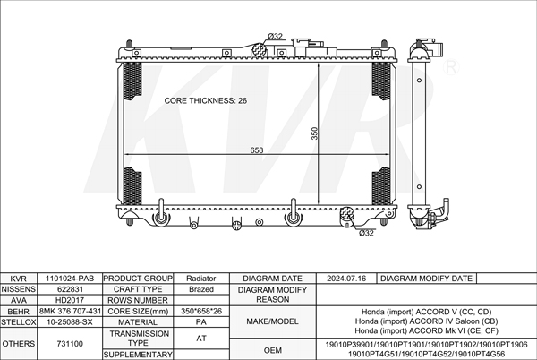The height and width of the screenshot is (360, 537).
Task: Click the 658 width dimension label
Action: (257, 150)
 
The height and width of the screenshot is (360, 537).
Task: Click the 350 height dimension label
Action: (314, 133)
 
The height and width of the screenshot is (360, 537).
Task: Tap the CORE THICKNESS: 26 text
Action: (206, 100)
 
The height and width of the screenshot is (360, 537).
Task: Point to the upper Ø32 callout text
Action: (275, 36)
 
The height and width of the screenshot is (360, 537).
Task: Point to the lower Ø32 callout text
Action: (366, 233)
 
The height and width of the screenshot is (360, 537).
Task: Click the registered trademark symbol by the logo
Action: (451, 67)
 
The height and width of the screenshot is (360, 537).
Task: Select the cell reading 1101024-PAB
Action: (70, 279)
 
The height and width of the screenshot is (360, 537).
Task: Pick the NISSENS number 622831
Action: (70, 289)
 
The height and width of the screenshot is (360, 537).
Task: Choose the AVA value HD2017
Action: (70, 300)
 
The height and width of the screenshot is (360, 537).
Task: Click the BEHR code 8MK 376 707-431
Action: (70, 311)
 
